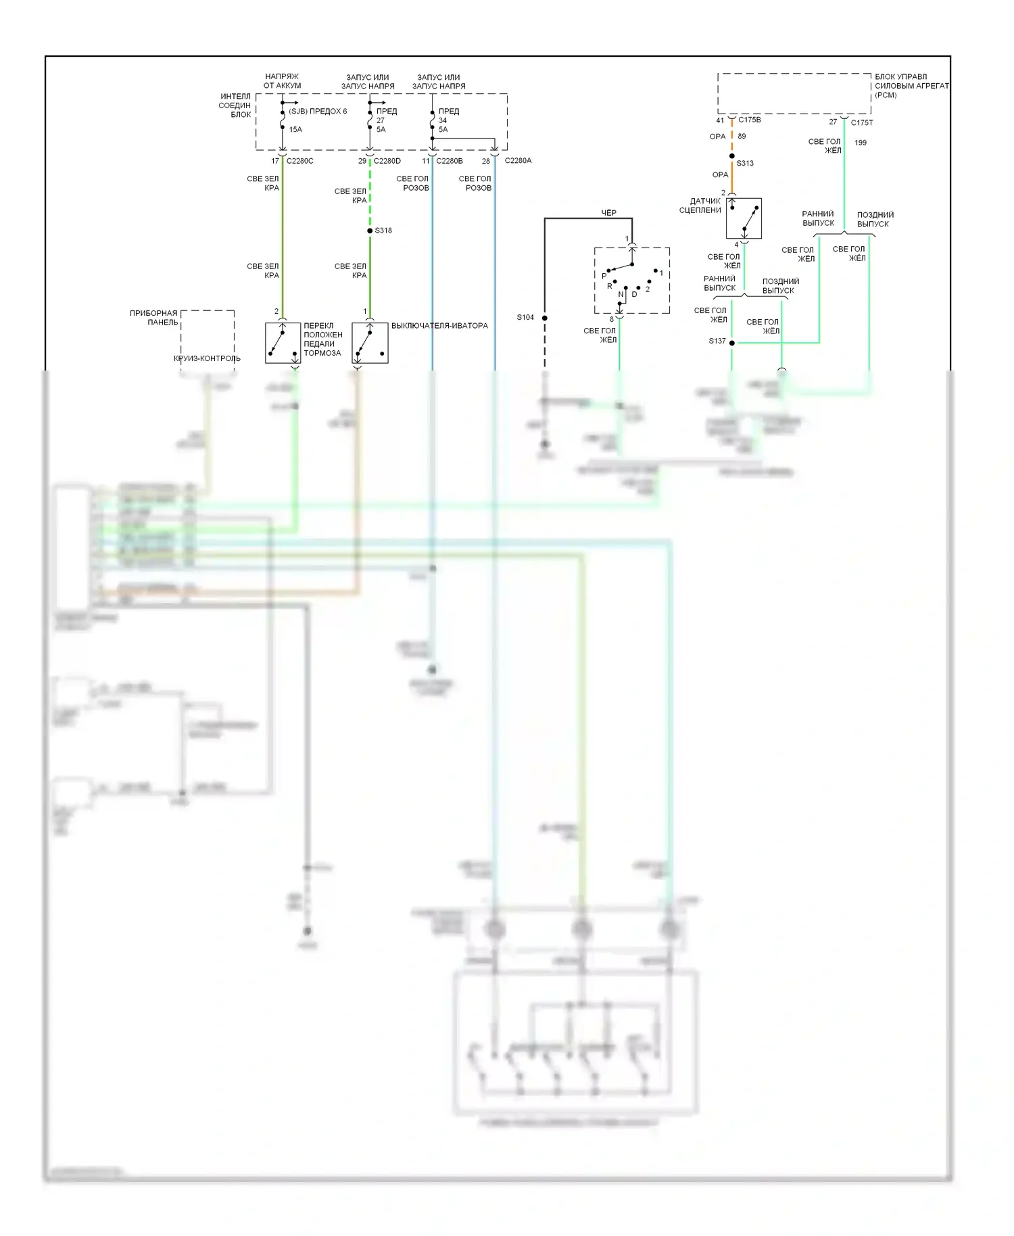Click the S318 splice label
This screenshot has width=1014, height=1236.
click(x=383, y=231)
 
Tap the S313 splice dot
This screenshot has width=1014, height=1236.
click(x=732, y=156)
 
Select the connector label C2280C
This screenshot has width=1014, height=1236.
click(x=299, y=161)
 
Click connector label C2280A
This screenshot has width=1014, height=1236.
click(x=518, y=161)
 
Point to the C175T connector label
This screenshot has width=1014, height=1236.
click(x=862, y=122)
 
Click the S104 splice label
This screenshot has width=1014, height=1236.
click(x=525, y=317)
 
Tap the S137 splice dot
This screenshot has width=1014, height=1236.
click(x=732, y=343)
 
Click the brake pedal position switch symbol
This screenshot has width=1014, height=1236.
click(x=283, y=343)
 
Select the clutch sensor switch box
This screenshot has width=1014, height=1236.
click(x=744, y=218)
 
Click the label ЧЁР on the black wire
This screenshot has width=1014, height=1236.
click(x=608, y=212)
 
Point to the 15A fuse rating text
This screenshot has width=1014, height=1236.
click(x=295, y=129)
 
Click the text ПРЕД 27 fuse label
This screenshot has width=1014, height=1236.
click(x=386, y=116)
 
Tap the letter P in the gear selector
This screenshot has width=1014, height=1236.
click(x=604, y=276)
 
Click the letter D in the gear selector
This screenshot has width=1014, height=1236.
click(x=634, y=294)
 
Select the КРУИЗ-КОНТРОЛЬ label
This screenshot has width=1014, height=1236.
click(x=207, y=358)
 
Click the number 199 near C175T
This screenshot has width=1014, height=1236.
click(x=861, y=143)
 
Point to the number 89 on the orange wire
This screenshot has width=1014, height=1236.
click(x=742, y=136)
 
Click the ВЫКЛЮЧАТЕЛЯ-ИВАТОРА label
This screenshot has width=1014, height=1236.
click(x=439, y=326)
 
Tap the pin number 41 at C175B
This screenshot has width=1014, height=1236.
click(x=720, y=120)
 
